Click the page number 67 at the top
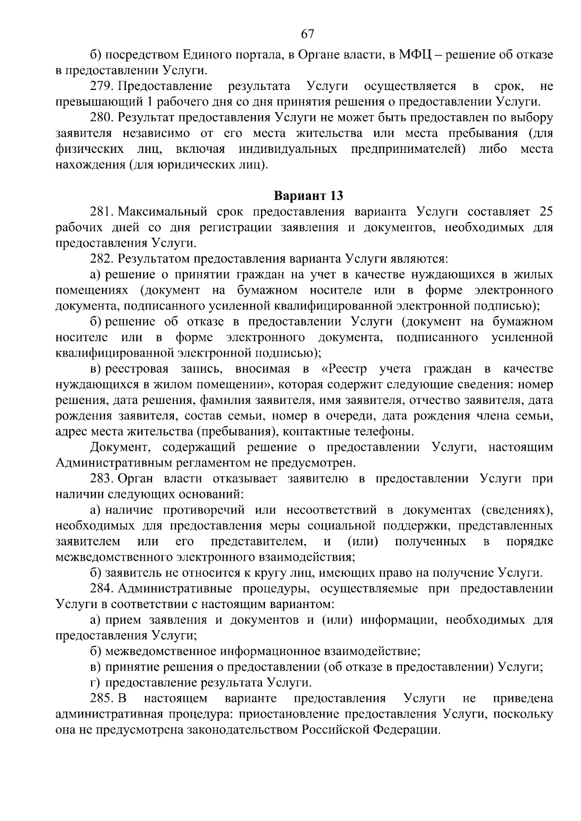(x=308, y=34)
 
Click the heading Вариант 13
(x=308, y=196)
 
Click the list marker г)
(x=96, y=683)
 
